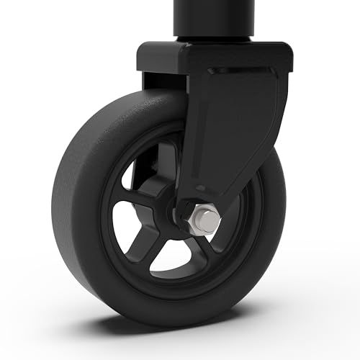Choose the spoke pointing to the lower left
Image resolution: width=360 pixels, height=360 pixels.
[x=148, y=245]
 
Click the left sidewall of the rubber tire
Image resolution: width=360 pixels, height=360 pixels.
[x=68, y=216]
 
